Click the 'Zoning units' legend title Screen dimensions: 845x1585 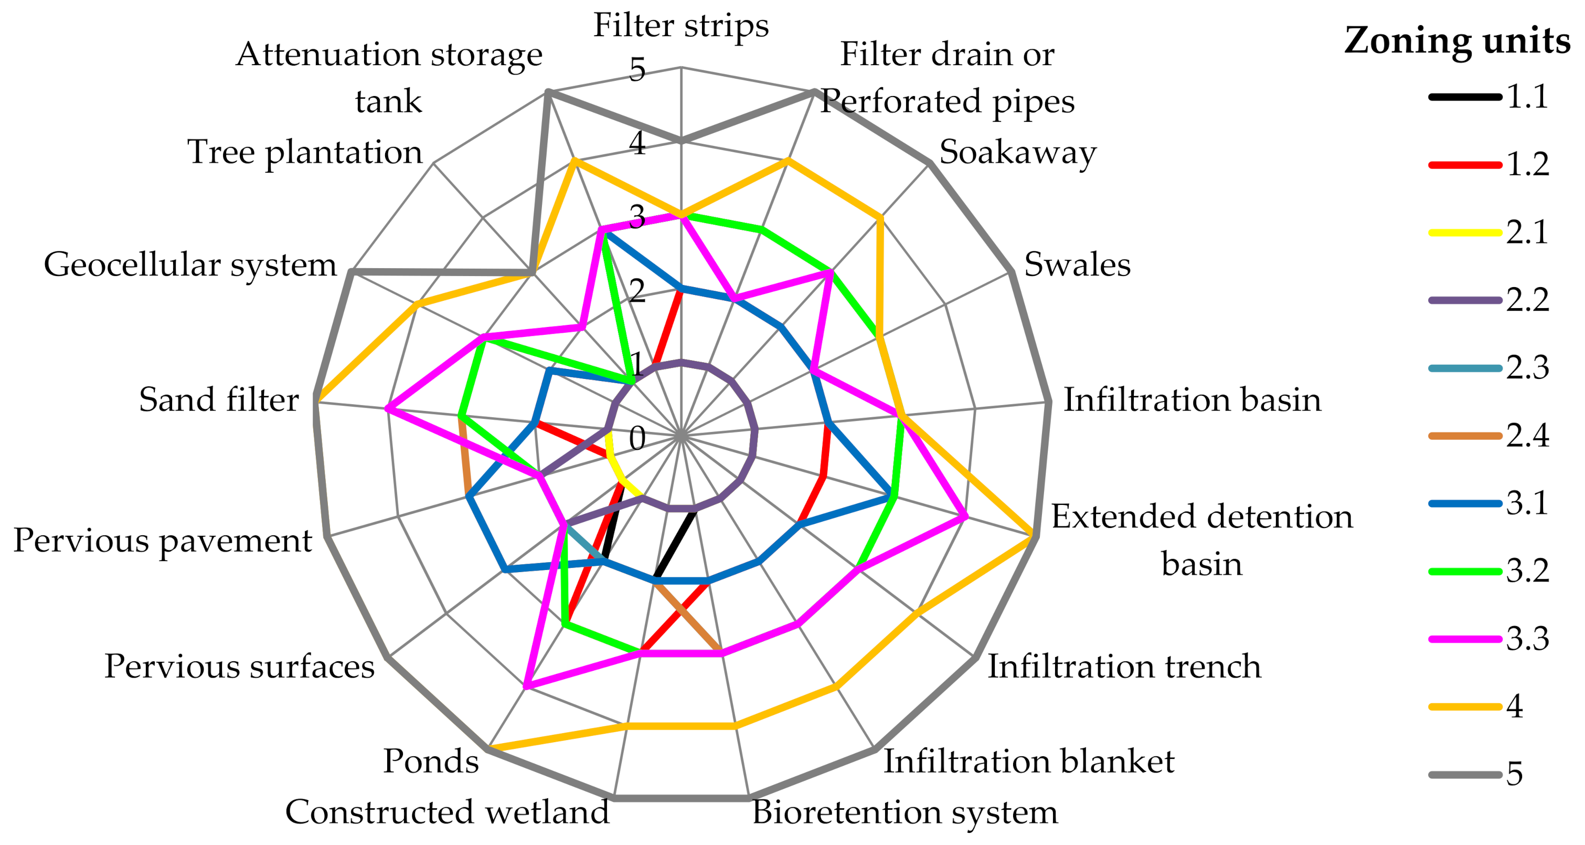click(1456, 40)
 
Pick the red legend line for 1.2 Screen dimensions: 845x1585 click(1464, 165)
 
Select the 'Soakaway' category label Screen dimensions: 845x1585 click(1018, 152)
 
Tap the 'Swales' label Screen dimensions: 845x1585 click(1077, 265)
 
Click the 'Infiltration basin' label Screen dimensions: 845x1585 click(1193, 400)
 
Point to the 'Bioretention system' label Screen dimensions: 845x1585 click(905, 812)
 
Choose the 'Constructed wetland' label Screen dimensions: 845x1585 click(448, 812)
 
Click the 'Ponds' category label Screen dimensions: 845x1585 click(431, 762)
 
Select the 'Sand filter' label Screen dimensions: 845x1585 click(218, 400)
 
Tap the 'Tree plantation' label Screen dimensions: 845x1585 click(305, 152)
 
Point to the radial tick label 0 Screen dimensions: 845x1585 click(637, 439)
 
